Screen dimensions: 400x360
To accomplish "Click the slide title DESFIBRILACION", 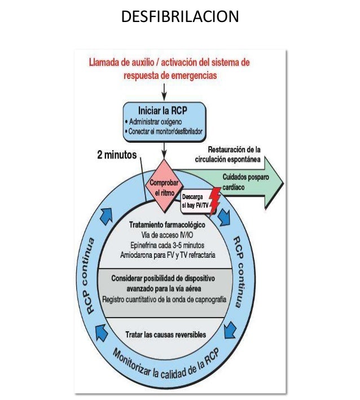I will (x=180, y=17).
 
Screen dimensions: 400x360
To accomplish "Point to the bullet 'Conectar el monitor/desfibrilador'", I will (x=166, y=131).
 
